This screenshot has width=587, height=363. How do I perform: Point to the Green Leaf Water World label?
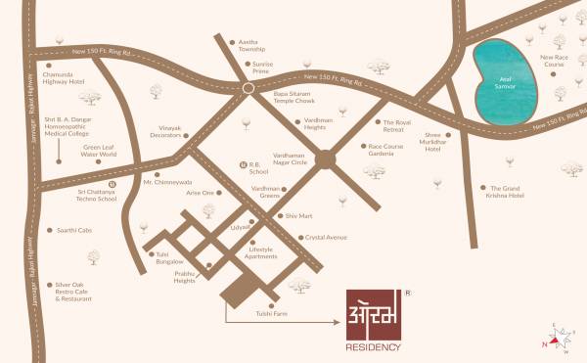click(98, 150)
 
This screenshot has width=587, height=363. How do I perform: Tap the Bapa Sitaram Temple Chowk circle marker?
click(248, 88)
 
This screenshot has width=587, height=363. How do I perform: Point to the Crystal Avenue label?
click(326, 237)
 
